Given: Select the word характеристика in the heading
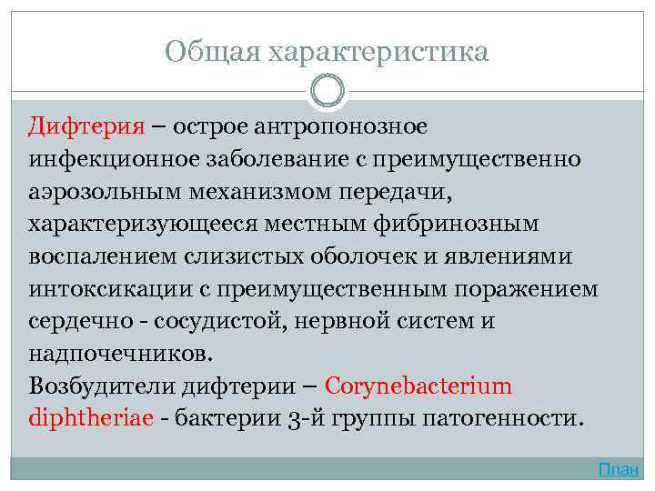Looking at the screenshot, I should coord(378,52).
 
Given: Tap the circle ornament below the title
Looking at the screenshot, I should coord(327,92).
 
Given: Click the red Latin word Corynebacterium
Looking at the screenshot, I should coord(418,386).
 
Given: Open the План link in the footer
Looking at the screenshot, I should coord(619,469).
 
